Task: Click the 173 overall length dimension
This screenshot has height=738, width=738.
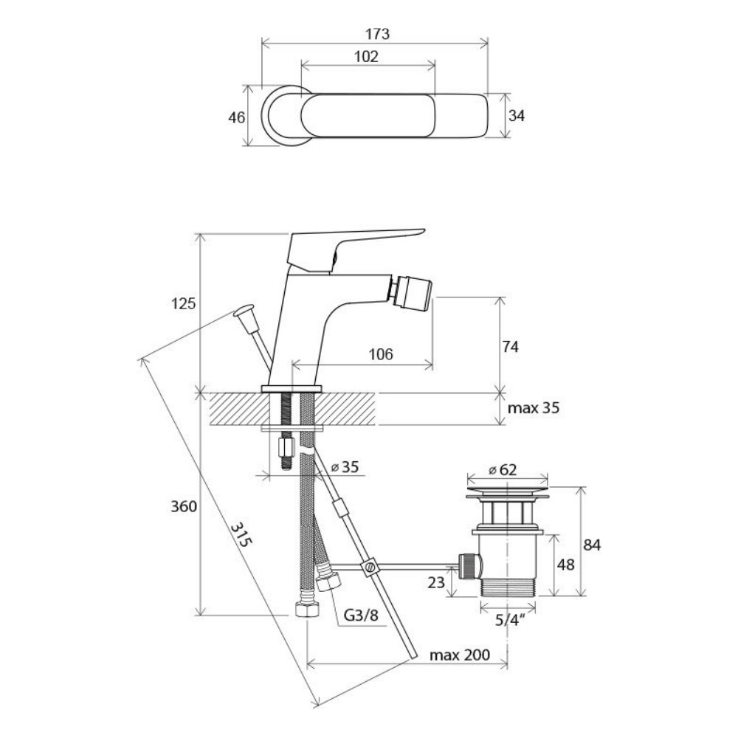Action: coord(377,34)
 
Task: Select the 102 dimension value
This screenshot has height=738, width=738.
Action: coord(366,57)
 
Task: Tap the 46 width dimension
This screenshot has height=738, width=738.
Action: coord(237,117)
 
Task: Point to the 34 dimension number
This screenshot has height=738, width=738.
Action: coord(517,115)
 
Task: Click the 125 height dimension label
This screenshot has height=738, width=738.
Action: coord(183,303)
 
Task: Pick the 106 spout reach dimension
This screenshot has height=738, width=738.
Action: coord(380,354)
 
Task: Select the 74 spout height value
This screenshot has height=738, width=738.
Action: coord(510,347)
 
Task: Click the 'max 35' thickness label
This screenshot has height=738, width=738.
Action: coord(534,407)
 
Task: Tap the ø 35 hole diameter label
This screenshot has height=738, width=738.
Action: coord(345,467)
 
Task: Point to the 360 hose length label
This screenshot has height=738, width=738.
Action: coord(184,506)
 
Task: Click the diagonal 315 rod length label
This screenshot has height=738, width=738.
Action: coord(241,534)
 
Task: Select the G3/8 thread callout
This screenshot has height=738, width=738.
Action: coord(361,615)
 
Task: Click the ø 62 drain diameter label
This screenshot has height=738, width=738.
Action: coord(503,469)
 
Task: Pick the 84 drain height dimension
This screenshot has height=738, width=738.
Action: coord(592,545)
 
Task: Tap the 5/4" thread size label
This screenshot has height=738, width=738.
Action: coord(510,620)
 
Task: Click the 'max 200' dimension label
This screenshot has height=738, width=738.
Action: coord(459,655)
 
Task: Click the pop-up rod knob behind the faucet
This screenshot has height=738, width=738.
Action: coord(246,313)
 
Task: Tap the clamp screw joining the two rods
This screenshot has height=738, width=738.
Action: coord(370,566)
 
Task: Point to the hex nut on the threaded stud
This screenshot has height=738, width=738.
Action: coord(286,447)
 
